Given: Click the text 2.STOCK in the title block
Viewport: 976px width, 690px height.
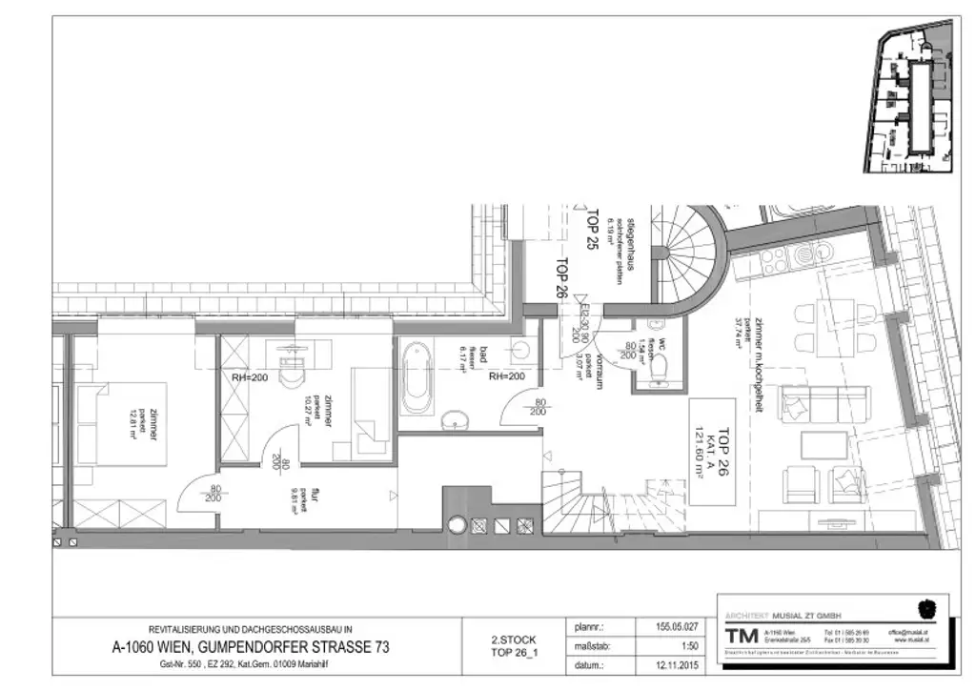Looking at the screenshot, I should pyautogui.click(x=513, y=639).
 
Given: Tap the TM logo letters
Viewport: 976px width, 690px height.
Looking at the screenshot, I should pyautogui.click(x=739, y=637).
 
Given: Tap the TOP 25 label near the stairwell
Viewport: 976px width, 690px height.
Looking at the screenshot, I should pyautogui.click(x=592, y=229).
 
